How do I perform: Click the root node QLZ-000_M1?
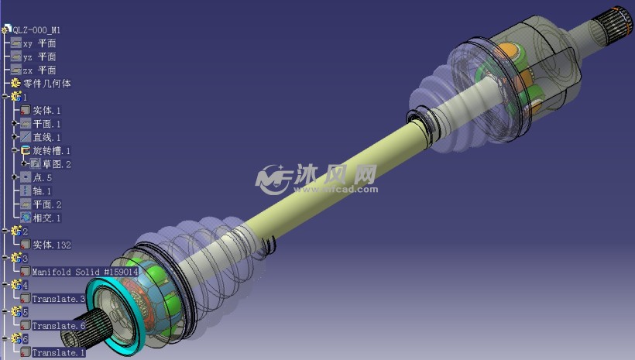pos(36,30)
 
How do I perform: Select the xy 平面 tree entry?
pos(39,43)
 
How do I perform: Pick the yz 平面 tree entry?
pos(39,57)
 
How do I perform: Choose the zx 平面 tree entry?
pos(39,70)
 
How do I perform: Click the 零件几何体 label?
pos(47,84)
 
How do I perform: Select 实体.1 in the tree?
pos(46,110)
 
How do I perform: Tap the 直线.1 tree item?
pos(46,137)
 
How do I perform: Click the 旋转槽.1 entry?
pos(51,151)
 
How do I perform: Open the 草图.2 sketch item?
pos(57,164)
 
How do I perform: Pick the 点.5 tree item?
pos(42,177)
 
